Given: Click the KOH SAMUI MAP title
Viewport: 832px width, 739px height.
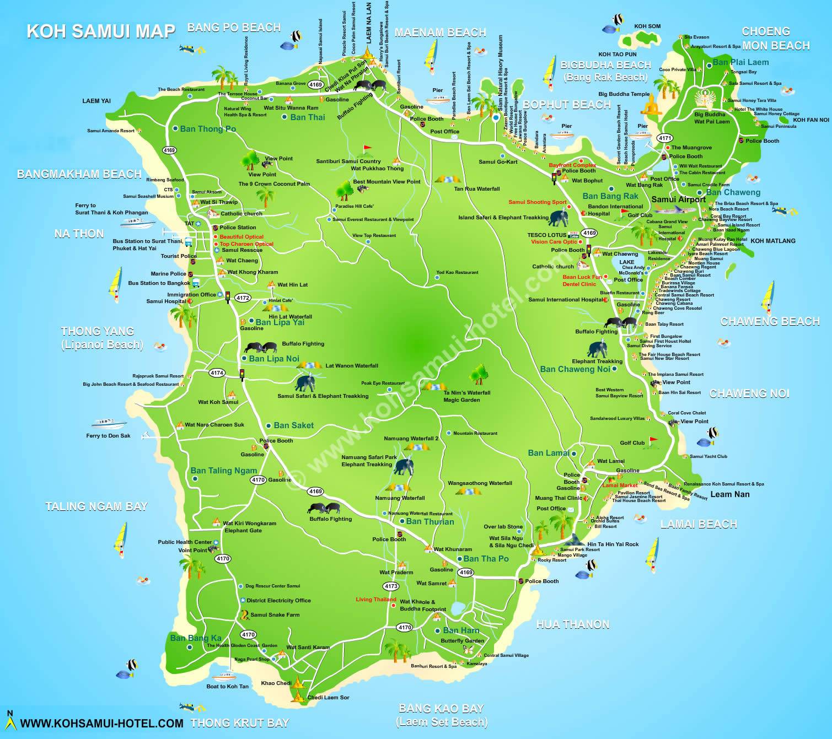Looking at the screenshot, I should click(101, 31).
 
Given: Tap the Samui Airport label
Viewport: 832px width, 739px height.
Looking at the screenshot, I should click(678, 199).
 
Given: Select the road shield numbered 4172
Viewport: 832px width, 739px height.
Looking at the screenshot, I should click(243, 298).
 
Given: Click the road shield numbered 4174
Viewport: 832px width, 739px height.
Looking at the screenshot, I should click(217, 373).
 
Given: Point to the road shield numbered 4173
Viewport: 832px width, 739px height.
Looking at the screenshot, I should click(391, 586).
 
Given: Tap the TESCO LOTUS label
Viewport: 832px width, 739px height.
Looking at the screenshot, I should click(546, 235).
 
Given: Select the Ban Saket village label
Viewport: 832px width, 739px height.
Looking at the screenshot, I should click(293, 425).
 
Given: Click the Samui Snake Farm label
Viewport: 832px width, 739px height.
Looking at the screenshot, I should click(275, 614).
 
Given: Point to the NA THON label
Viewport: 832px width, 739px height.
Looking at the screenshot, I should click(79, 234).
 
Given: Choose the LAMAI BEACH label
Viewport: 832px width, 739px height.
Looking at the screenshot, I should click(699, 524).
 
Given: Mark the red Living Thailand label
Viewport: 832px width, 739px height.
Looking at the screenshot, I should click(376, 600).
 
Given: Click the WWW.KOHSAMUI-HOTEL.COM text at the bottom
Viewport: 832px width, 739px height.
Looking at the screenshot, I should click(101, 723).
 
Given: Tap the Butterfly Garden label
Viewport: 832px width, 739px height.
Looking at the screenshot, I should click(462, 640).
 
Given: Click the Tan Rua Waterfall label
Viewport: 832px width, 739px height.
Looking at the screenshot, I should click(477, 189).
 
